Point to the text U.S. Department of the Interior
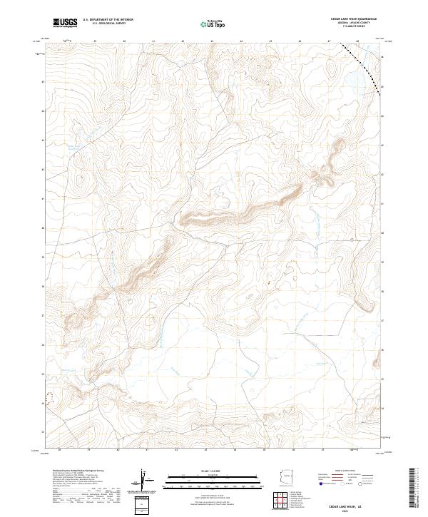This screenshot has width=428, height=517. point(108,19)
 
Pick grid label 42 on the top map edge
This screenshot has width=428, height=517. point(183,41)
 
